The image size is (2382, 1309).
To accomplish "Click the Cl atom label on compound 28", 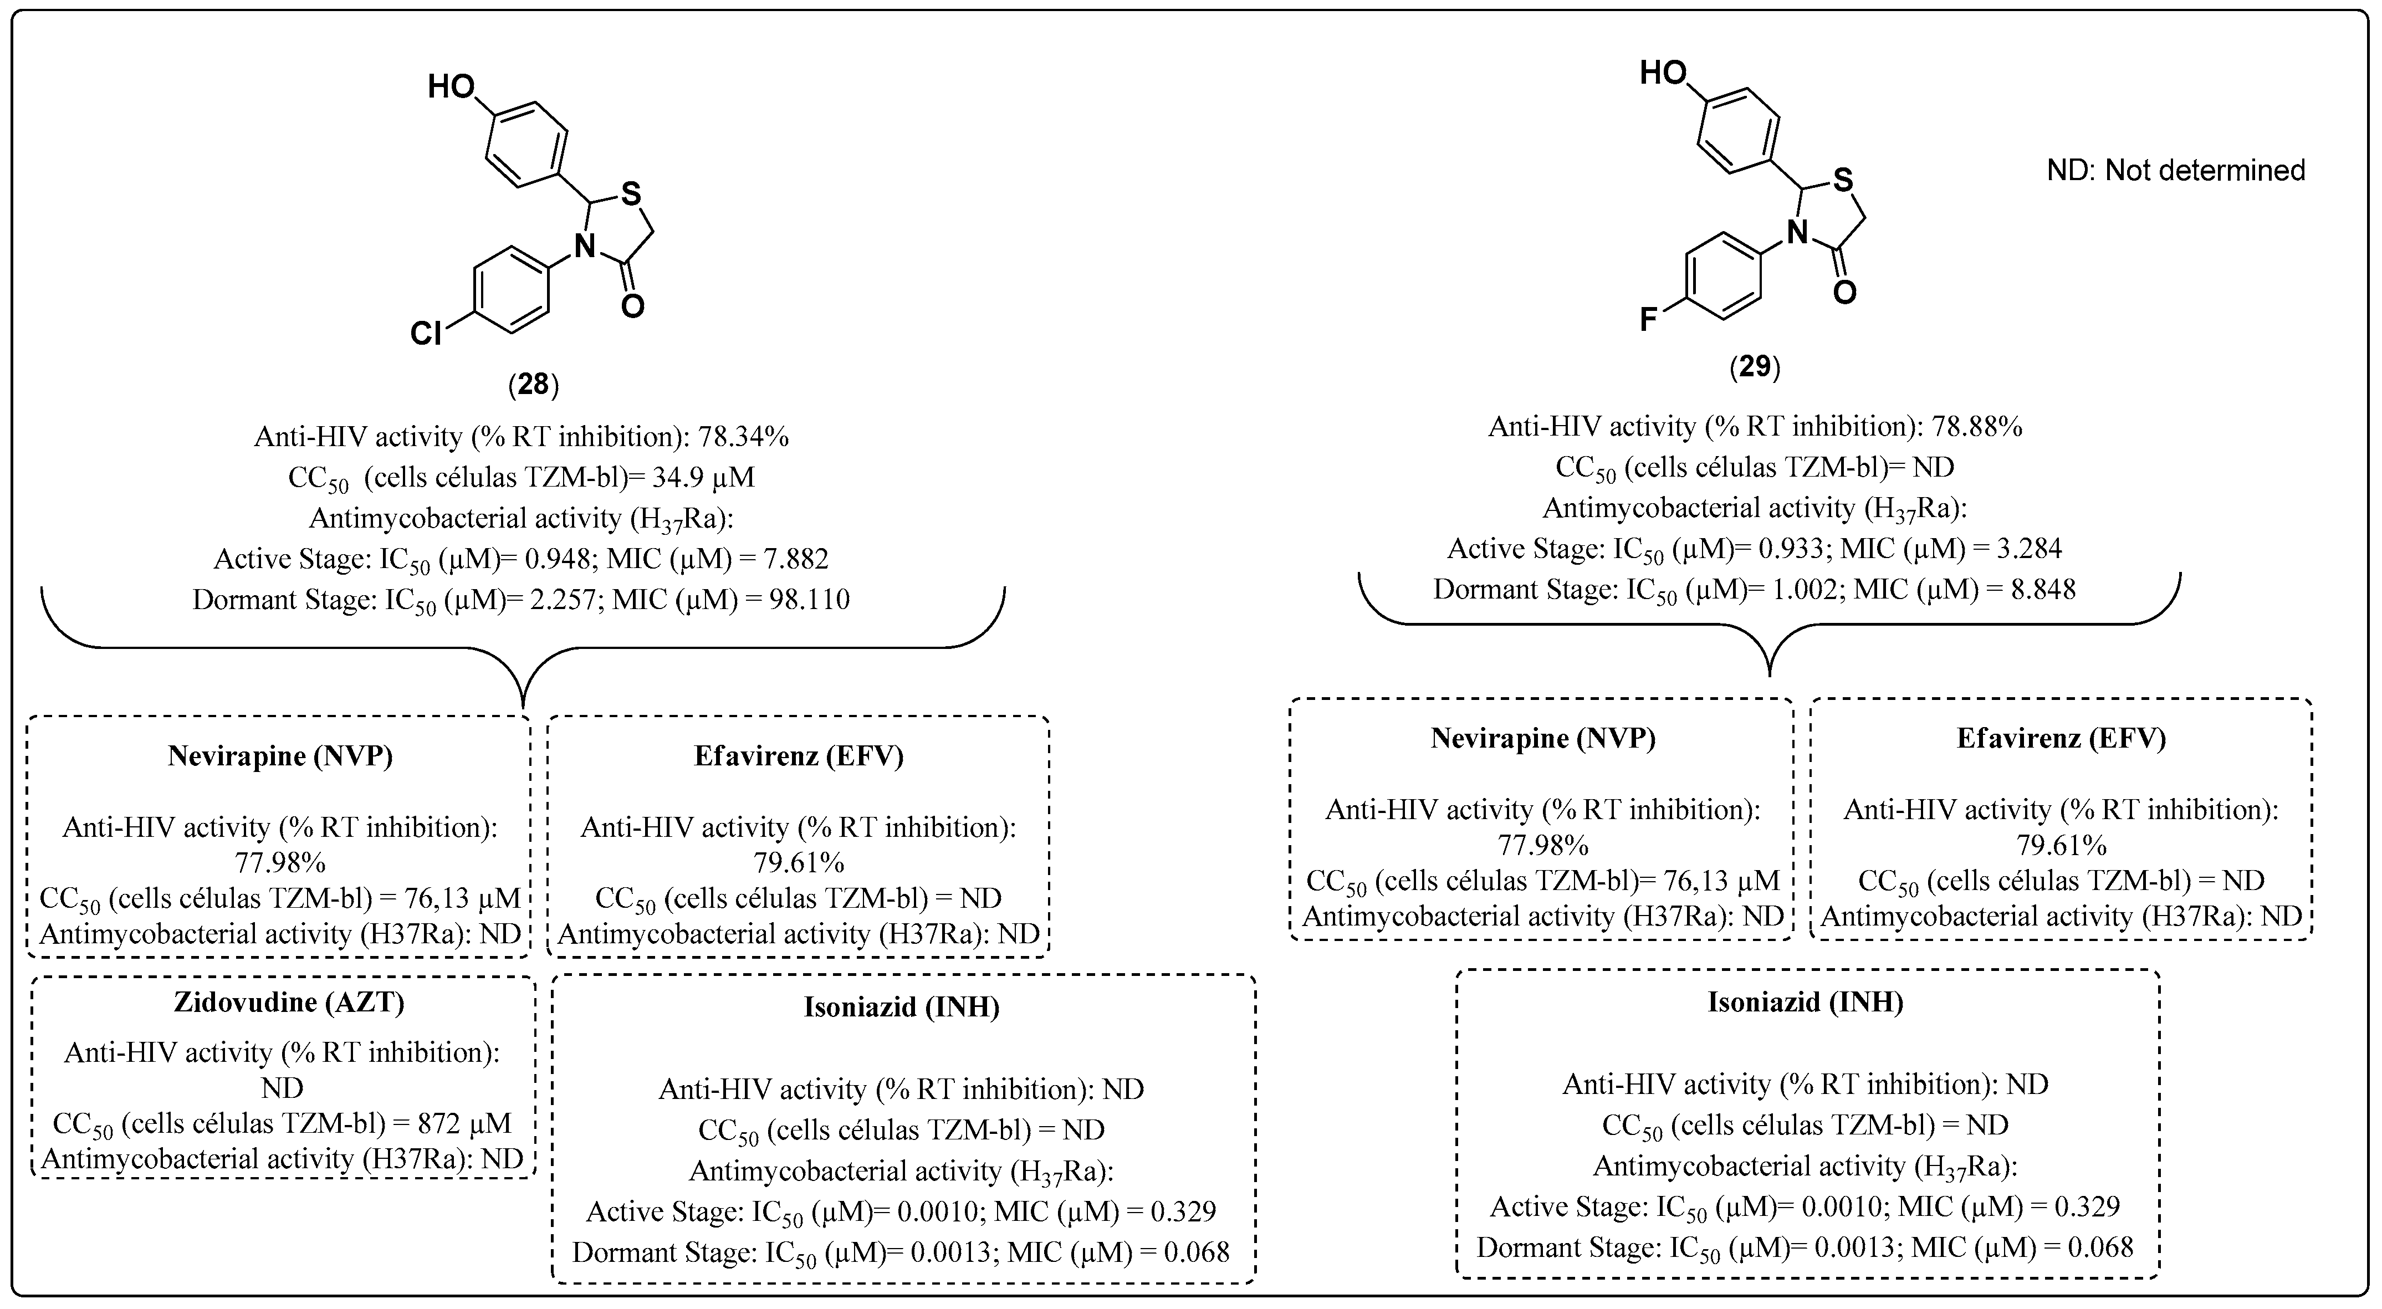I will (426, 334).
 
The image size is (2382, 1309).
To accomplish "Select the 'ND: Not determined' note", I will (2175, 170).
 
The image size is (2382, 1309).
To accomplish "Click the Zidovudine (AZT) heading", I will (289, 1003).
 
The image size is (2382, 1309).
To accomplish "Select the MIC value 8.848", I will (2035, 590).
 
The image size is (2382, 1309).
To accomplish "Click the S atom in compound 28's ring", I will (631, 193).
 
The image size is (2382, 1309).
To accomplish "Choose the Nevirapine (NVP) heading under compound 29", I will (1542, 738).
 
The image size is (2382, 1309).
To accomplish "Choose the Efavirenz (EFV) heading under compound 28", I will (798, 756).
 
